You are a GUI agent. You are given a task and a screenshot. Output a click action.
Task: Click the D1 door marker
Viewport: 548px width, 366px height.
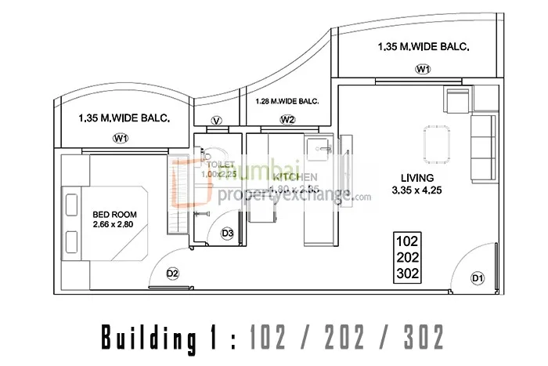[477, 278]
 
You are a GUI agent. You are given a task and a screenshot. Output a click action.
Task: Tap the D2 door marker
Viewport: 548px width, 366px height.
[173, 273]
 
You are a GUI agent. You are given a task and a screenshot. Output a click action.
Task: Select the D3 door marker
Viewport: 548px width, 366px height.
[228, 233]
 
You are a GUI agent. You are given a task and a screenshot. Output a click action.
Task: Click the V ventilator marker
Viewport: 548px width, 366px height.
[217, 120]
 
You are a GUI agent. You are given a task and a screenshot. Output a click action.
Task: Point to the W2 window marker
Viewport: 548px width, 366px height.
[287, 120]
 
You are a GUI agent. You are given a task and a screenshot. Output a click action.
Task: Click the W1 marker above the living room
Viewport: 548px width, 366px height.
[424, 70]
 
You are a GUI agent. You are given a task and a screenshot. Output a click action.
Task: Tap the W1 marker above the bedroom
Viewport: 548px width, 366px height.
[120, 139]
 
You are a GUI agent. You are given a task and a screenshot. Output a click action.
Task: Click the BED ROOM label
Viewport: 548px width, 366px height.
[110, 214]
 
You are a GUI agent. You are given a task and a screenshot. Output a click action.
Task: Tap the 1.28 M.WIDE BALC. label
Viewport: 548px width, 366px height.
[287, 101]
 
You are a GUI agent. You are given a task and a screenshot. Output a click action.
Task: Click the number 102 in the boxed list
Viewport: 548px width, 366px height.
[408, 241]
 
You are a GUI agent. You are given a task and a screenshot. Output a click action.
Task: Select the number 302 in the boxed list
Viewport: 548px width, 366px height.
[408, 274]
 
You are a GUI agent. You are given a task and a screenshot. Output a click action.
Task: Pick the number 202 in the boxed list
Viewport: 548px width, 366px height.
[408, 258]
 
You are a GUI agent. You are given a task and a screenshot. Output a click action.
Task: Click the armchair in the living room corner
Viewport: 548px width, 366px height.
[456, 100]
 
